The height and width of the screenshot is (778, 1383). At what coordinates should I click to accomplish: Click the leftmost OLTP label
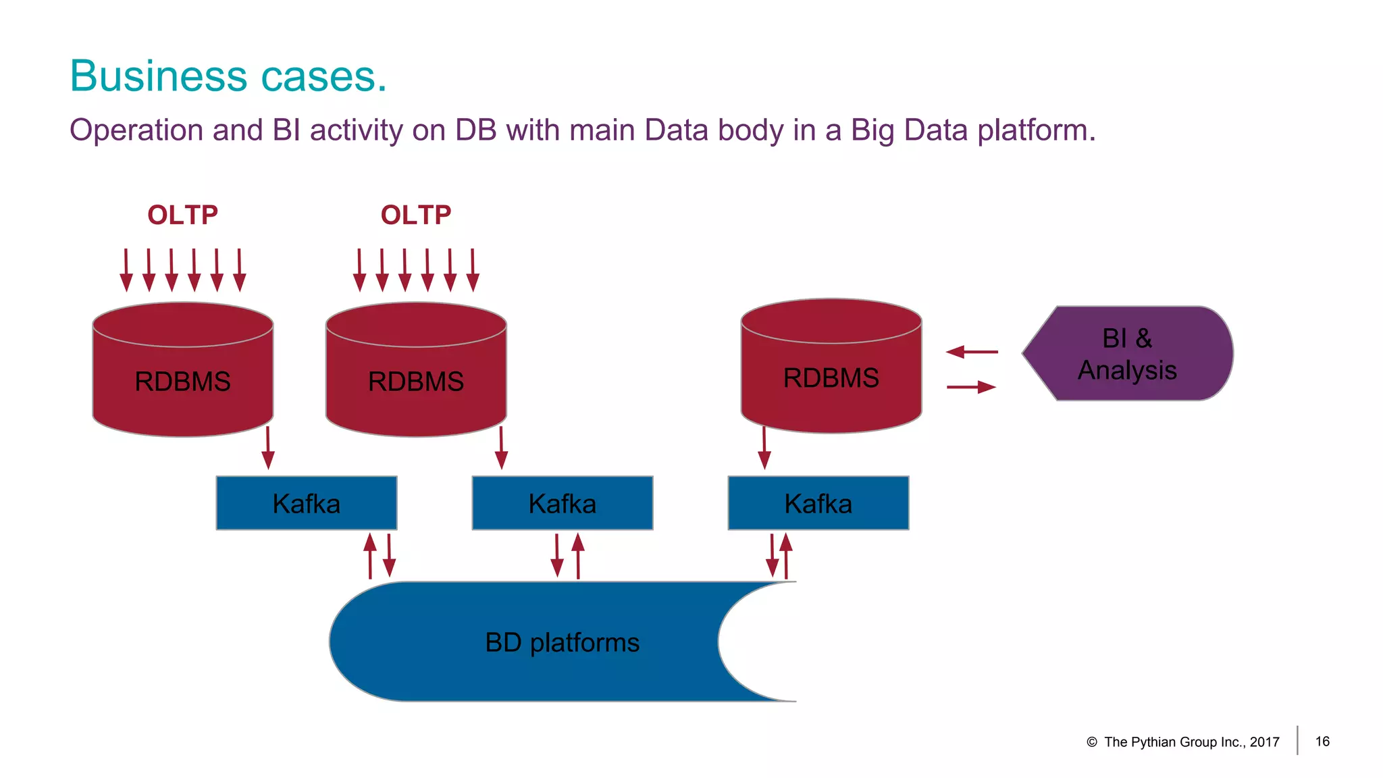pos(182,215)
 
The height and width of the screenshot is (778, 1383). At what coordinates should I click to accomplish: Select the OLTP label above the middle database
pos(415,215)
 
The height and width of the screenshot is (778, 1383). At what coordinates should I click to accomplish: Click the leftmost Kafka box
pos(306,503)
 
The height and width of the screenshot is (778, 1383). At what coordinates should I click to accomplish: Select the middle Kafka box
pos(562,503)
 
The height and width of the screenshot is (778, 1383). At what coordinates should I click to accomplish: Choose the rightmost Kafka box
pos(818,503)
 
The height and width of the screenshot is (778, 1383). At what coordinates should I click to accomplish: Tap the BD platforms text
pos(562,642)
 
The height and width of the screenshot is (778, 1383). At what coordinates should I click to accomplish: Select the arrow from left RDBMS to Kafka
pos(268,447)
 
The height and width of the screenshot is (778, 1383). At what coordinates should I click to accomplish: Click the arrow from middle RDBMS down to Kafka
pos(501,447)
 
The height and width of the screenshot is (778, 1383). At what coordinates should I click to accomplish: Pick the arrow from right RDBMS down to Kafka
pos(764,447)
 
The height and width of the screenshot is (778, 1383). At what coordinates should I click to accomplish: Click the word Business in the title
pos(159,76)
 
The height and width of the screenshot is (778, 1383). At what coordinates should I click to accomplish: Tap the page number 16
pos(1322,742)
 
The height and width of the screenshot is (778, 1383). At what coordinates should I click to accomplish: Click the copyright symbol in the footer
pos(1091,742)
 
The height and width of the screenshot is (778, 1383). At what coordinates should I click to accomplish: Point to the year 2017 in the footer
pos(1264,742)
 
